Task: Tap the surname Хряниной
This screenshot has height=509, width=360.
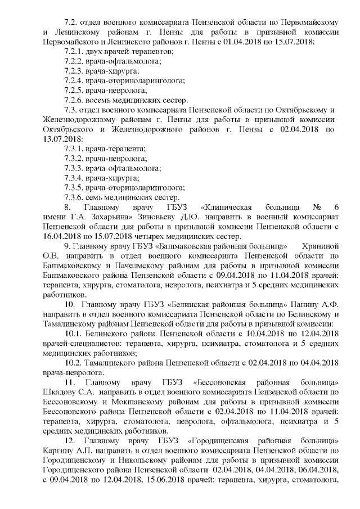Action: [321, 246]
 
